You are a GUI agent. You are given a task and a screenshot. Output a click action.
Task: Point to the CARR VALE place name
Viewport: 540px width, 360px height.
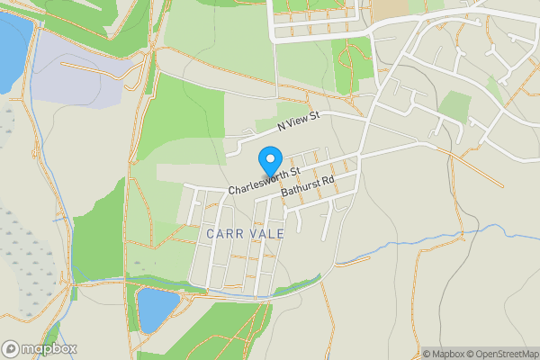(245, 233)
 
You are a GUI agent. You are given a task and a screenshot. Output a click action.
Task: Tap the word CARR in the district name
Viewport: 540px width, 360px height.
(223, 233)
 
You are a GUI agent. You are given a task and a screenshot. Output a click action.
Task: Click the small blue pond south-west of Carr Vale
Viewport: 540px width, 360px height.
(157, 310)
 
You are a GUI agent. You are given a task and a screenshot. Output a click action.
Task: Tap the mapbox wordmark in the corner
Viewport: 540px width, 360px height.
(49, 349)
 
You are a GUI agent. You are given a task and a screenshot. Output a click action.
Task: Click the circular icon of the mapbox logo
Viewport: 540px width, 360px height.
(11, 349)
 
